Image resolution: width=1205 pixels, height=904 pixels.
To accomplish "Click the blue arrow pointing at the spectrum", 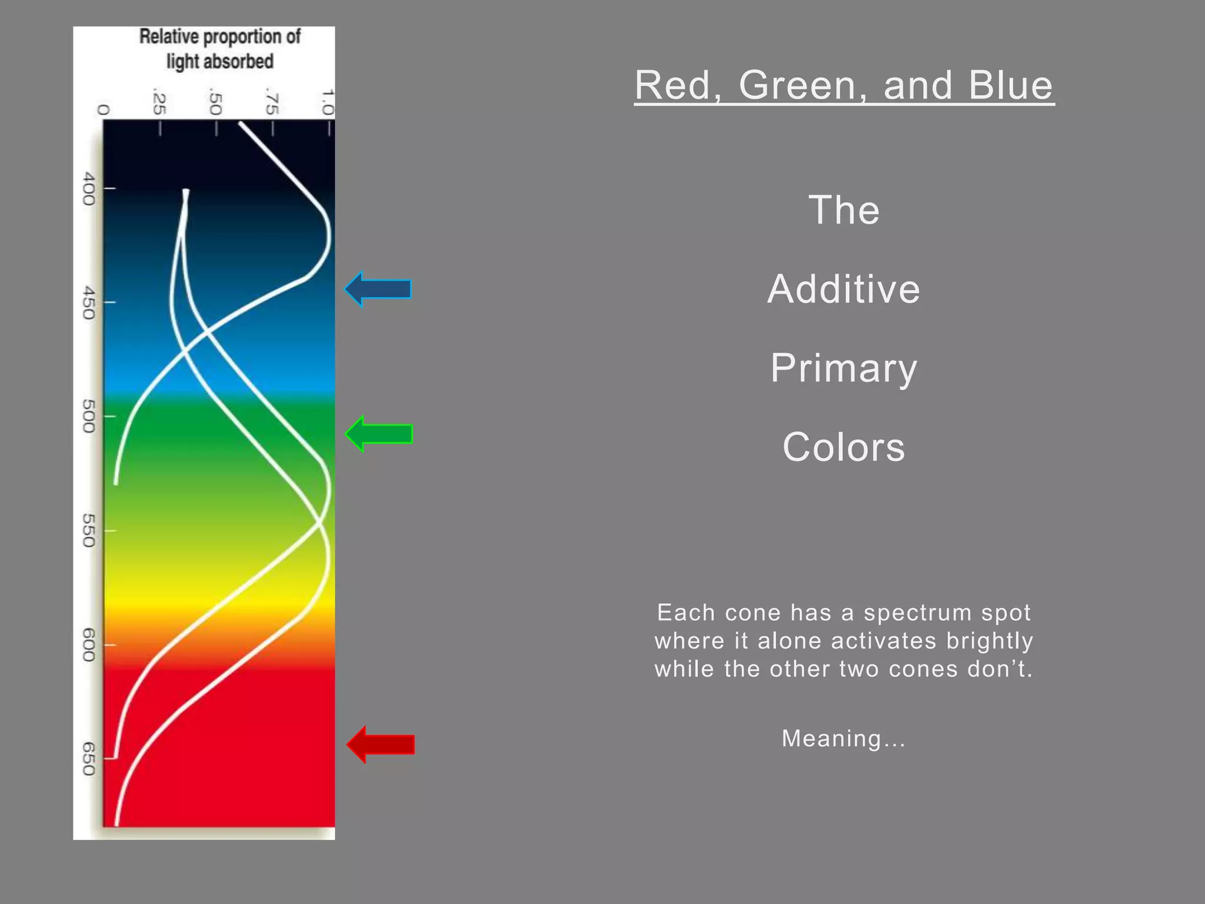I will [x=380, y=289].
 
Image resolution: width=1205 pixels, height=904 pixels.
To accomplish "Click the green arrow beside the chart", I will [x=381, y=434].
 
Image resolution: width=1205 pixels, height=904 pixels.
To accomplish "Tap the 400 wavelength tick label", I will [x=88, y=188].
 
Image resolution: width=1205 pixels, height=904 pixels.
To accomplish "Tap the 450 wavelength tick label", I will [x=88, y=303].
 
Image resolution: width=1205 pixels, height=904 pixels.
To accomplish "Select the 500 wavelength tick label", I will [x=88, y=416].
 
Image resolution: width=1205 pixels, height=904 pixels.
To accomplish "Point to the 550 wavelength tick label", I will [x=88, y=530].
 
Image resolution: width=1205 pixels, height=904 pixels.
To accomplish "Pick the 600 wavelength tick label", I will [x=88, y=644].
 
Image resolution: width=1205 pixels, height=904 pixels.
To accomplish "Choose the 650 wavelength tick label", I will [x=88, y=759].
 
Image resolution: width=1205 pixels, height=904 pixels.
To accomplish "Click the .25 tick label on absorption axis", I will [x=159, y=103].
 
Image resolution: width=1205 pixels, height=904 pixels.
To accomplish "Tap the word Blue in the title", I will [x=1010, y=85].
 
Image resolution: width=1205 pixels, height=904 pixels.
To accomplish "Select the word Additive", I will [x=844, y=289].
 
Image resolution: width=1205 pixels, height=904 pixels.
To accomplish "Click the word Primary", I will [x=844, y=368].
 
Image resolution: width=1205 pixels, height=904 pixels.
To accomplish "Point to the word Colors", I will [x=844, y=447].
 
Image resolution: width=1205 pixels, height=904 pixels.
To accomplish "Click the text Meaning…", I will [x=843, y=739].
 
